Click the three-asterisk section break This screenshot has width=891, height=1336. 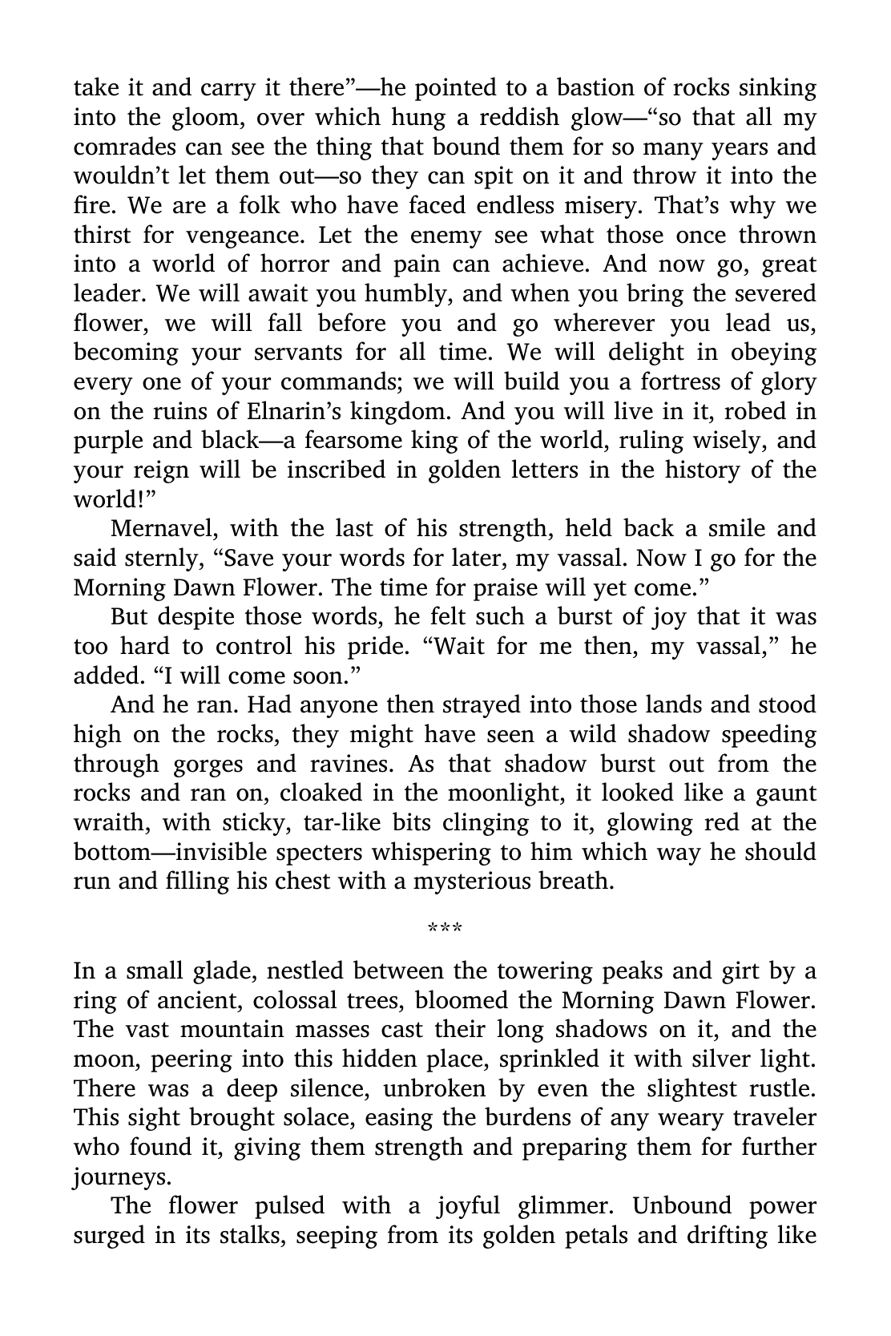[x=445, y=928]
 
